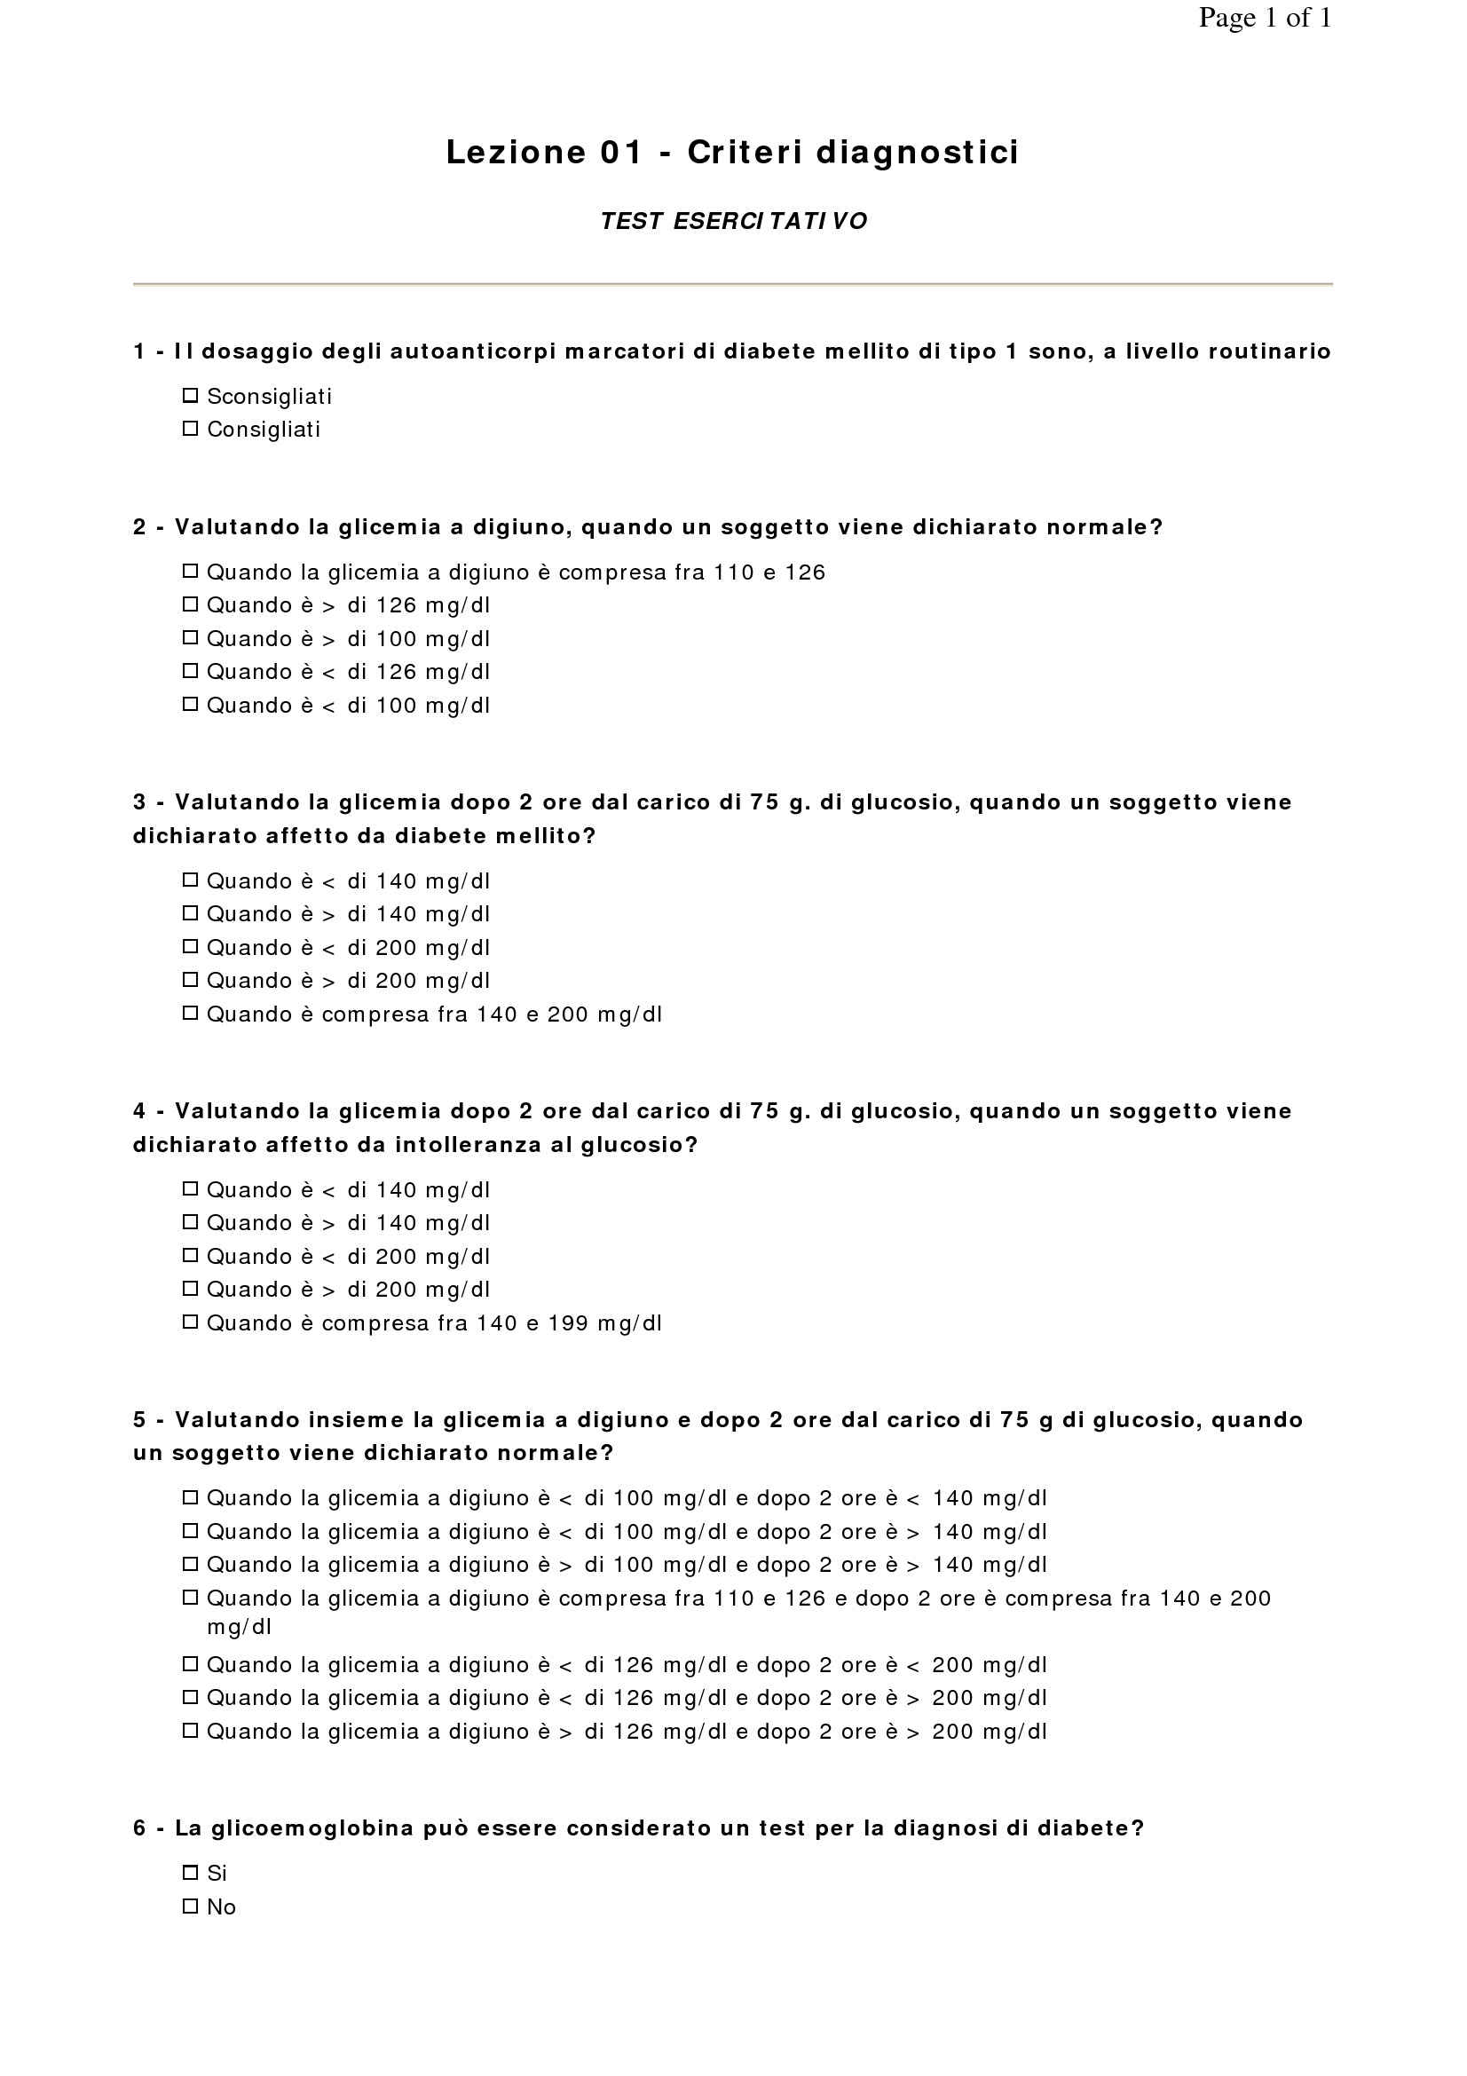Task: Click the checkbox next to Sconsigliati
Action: (190, 395)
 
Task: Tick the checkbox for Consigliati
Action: (190, 429)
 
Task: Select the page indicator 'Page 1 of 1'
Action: (1265, 18)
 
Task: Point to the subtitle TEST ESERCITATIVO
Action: (733, 222)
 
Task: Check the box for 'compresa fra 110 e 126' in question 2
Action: (190, 572)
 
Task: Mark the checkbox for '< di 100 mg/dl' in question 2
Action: (190, 705)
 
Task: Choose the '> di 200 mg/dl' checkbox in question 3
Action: (190, 980)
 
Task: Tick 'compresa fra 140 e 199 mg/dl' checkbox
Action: (190, 1322)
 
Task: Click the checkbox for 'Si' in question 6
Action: (190, 1873)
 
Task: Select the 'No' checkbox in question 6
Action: (190, 1906)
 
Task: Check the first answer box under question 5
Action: (190, 1497)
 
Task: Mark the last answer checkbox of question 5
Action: (190, 1731)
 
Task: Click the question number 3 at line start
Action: (139, 802)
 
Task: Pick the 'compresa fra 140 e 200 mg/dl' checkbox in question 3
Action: (190, 1014)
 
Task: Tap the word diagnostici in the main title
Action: (918, 153)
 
